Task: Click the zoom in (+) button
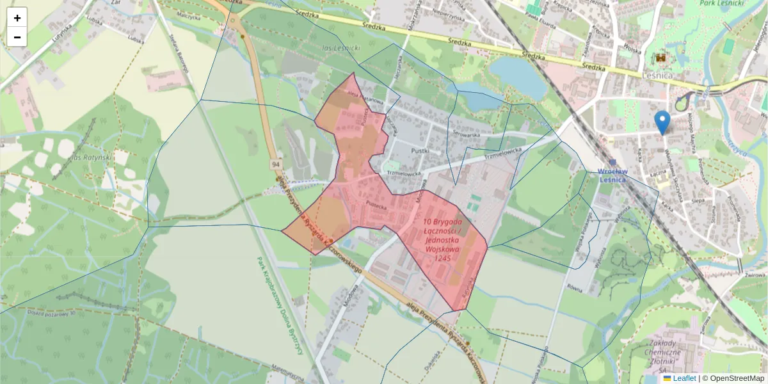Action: (x=17, y=18)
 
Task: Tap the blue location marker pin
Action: (x=663, y=122)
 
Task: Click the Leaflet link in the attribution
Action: (x=684, y=378)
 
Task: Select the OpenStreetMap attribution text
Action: (x=736, y=378)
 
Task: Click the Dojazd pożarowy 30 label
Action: (x=51, y=313)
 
